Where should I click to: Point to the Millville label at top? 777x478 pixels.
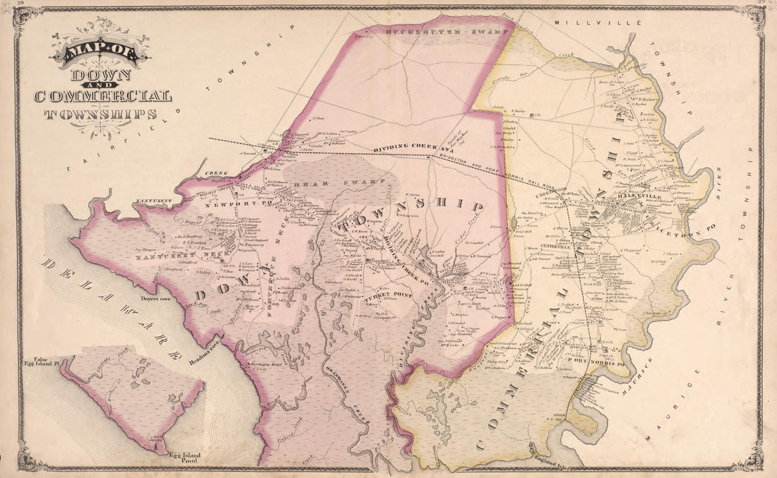(x=597, y=23)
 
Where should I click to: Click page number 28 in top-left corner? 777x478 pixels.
(x=21, y=4)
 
